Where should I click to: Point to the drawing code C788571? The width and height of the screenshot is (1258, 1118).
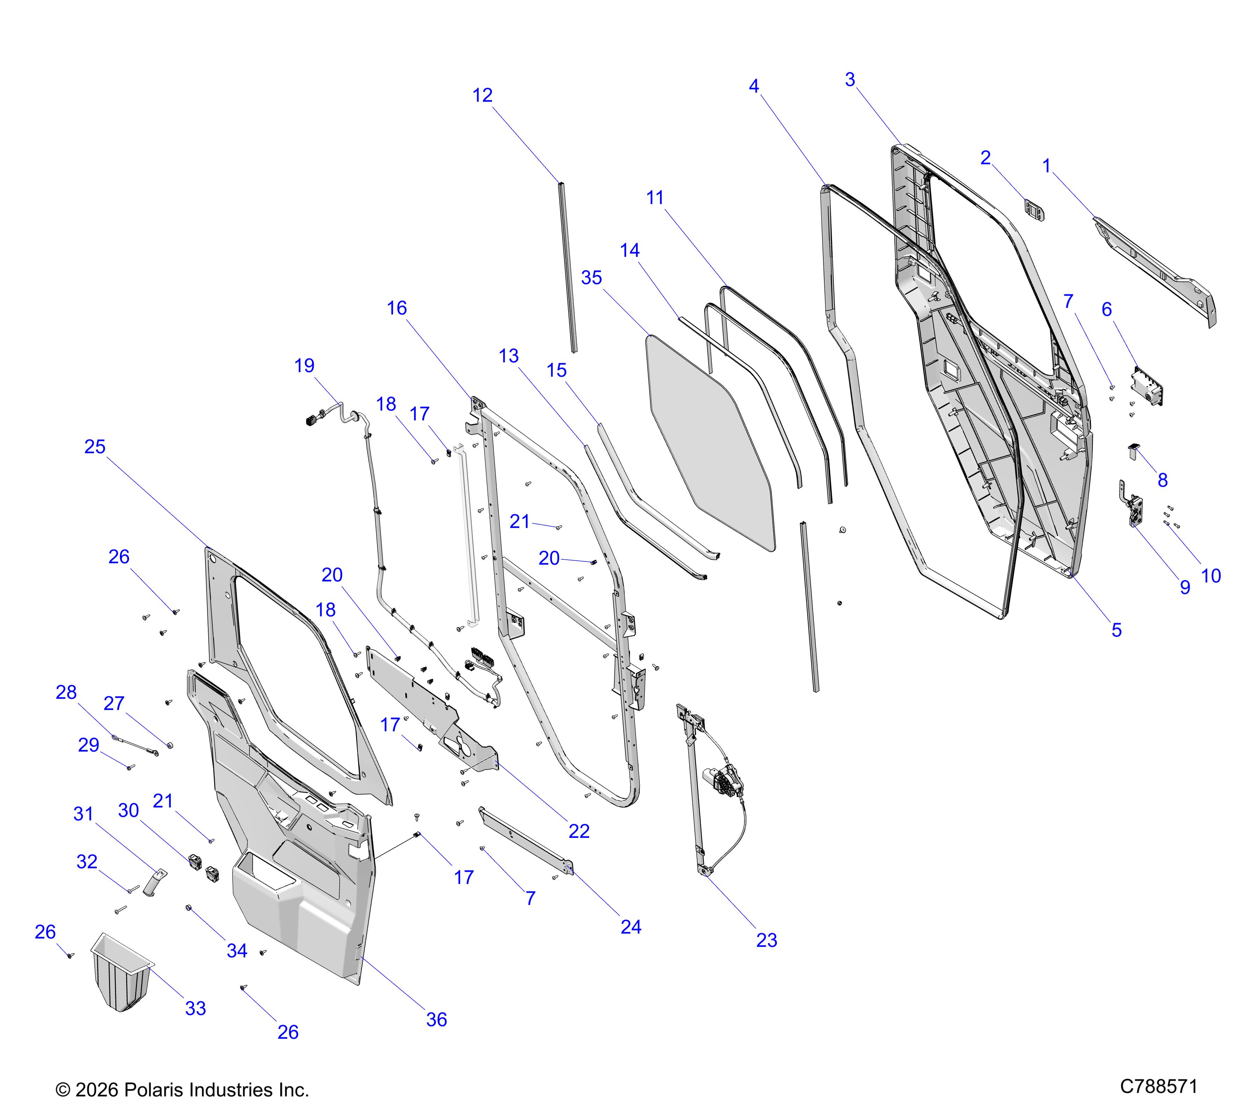[1159, 1086]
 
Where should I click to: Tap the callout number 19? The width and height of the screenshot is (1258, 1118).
[305, 365]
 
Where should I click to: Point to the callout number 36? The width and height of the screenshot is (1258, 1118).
[436, 1019]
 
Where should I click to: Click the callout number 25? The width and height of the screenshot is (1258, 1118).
[95, 447]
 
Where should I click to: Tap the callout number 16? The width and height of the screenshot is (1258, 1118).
[397, 308]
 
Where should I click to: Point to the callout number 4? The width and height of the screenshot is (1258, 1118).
[754, 86]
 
